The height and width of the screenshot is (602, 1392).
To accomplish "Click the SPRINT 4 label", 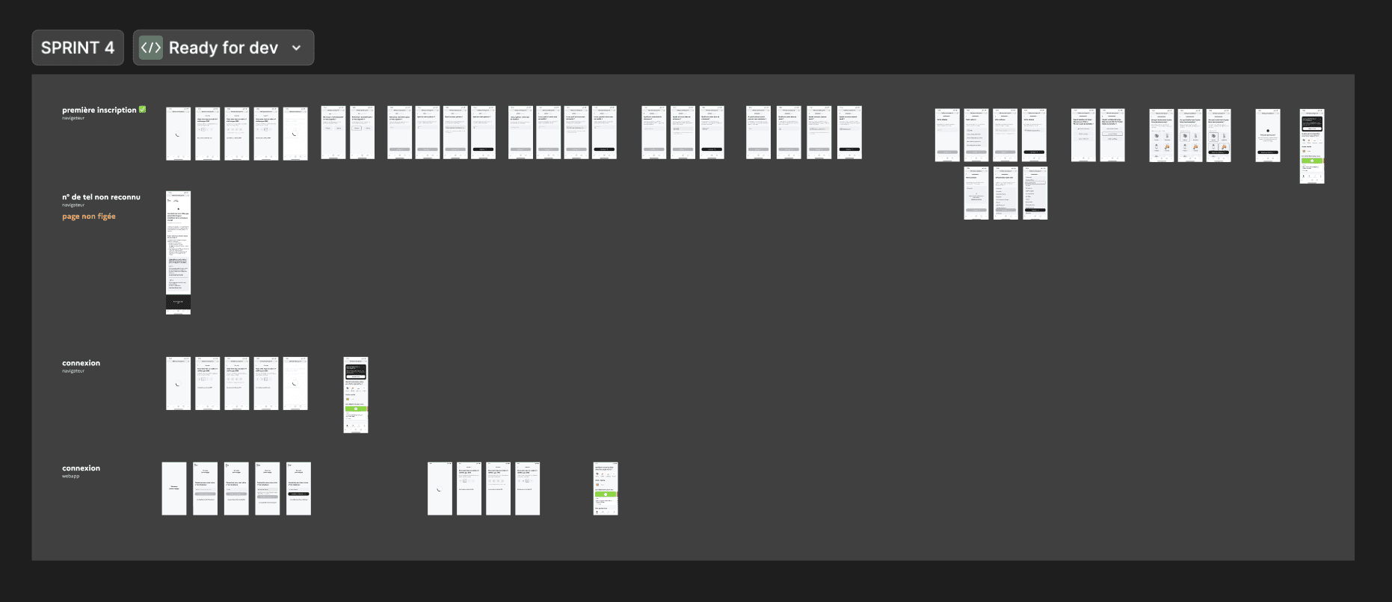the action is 78,48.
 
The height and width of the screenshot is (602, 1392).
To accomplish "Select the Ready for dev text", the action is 223,48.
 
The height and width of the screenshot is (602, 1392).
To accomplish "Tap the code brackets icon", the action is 151,48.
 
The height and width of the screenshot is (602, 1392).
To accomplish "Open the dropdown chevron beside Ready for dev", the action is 297,48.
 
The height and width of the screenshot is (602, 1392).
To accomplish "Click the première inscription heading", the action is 99,110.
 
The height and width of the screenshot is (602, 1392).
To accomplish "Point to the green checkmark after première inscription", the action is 143,110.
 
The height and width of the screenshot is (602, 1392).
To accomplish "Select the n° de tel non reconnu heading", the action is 101,197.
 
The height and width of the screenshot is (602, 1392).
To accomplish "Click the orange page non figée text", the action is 89,217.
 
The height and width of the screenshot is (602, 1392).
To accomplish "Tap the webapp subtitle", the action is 70,476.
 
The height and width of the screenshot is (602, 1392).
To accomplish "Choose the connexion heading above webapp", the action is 81,468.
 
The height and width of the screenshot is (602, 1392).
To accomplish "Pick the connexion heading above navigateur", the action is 81,363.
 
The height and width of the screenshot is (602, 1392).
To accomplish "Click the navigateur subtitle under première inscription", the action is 73,118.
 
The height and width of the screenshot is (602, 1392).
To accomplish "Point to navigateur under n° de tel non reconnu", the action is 73,205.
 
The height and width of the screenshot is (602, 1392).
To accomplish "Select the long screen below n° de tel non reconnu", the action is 178,246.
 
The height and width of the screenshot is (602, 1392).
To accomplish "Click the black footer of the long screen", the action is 178,302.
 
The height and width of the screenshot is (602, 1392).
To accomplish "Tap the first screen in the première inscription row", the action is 178,133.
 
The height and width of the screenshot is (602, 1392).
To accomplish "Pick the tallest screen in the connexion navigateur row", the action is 356,394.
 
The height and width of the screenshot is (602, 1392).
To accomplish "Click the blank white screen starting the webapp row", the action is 174,488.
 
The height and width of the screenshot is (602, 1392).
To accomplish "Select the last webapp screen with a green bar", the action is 606,488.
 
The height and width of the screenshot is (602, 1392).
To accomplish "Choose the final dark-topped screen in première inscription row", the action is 1312,146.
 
